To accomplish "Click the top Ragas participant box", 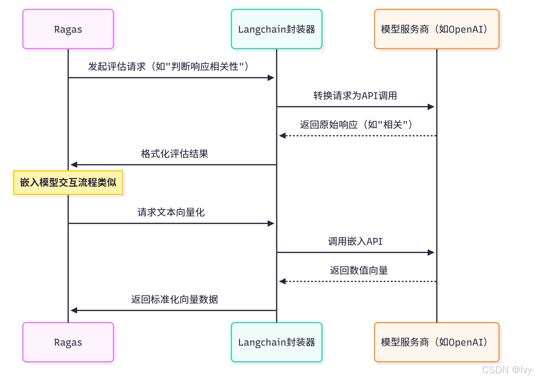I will pyautogui.click(x=68, y=29).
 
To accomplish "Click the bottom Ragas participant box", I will pyautogui.click(x=68, y=342).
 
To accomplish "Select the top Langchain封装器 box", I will pyautogui.click(x=277, y=29).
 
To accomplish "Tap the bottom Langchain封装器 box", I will pyautogui.click(x=277, y=342).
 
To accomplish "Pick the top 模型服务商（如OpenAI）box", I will pyautogui.click(x=437, y=29).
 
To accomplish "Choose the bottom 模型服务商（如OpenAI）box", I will pyautogui.click(x=437, y=342).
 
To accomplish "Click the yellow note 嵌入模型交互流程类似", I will pyautogui.click(x=68, y=183).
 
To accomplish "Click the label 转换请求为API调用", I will pyautogui.click(x=355, y=96).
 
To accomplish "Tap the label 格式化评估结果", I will pyautogui.click(x=174, y=154).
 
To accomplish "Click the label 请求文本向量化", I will pyautogui.click(x=171, y=212).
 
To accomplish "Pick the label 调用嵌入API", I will pyautogui.click(x=355, y=242).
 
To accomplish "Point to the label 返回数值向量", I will pyautogui.click(x=358, y=271).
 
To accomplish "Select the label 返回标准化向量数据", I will pyautogui.click(x=174, y=300).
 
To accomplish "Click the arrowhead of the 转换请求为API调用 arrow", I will pyautogui.click(x=431, y=107).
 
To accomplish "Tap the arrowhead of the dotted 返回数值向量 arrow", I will pyautogui.click(x=282, y=281).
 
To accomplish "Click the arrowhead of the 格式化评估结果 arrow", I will pyautogui.click(x=74, y=165).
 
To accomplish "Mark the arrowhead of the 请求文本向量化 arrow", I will pyautogui.click(x=271, y=223).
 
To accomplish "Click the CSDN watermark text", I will pyautogui.click(x=508, y=370).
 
